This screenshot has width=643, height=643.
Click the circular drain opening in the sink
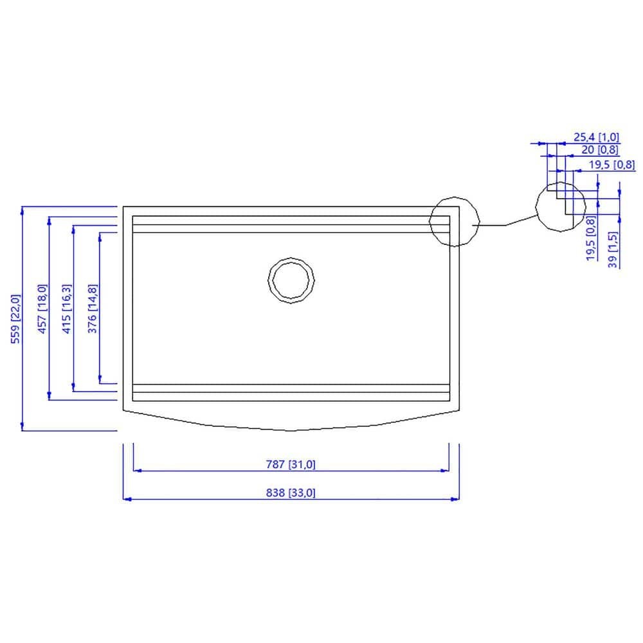(292, 280)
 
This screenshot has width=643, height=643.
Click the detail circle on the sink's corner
(455, 221)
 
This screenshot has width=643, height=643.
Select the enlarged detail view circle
(561, 206)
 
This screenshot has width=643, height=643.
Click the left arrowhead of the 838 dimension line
(125, 499)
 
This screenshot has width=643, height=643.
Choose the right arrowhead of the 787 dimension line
(445, 471)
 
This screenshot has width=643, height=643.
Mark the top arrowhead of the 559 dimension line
(23, 210)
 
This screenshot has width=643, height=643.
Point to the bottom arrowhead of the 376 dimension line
(100, 379)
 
